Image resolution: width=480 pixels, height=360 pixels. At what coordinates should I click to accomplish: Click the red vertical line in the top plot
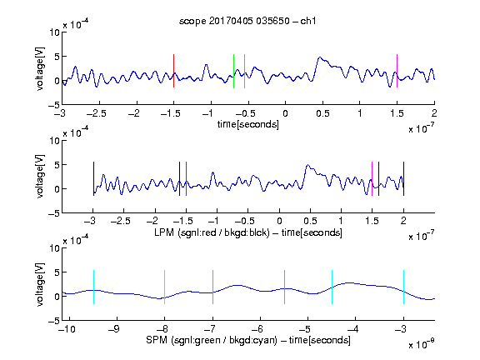click(173, 71)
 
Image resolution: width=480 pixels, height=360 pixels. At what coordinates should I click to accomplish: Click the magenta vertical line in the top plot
click(397, 71)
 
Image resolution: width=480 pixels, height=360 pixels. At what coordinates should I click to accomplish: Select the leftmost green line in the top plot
click(233, 71)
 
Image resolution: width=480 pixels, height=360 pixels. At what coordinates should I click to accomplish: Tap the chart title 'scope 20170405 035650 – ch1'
click(247, 21)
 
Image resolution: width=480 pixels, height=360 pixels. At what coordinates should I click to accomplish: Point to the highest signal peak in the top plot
click(320, 57)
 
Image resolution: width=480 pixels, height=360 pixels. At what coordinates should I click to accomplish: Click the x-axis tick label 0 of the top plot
click(285, 113)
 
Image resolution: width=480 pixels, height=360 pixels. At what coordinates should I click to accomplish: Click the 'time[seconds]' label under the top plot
click(248, 124)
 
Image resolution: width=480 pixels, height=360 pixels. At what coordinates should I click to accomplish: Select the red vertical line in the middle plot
click(186, 179)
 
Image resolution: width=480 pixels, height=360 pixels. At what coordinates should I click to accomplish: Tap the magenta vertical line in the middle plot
click(372, 179)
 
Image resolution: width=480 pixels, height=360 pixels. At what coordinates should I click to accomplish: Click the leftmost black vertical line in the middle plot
click(93, 179)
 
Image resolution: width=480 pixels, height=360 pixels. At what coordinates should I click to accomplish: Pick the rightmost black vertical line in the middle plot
click(404, 179)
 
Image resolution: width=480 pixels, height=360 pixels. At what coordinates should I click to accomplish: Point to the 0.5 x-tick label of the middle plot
click(310, 221)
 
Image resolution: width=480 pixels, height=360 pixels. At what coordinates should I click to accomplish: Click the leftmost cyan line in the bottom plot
click(93, 287)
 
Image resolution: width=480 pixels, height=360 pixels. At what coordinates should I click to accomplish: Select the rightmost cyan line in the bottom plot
click(404, 287)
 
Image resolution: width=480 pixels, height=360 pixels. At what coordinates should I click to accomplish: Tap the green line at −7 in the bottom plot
click(212, 287)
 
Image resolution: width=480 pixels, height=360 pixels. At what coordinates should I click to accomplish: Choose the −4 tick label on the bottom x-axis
click(353, 329)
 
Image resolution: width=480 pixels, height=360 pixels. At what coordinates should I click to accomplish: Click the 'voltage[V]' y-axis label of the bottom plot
click(40, 284)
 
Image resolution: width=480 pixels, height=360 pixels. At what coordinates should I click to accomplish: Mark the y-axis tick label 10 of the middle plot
click(54, 141)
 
